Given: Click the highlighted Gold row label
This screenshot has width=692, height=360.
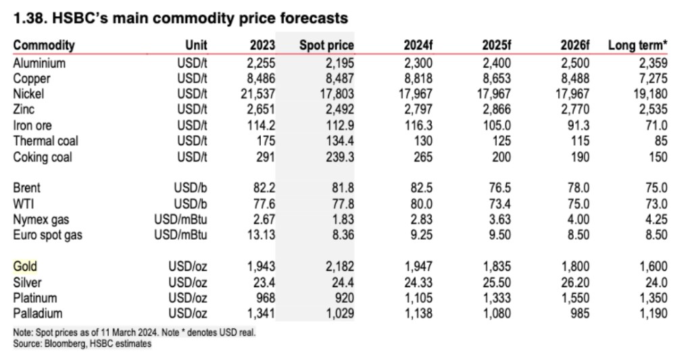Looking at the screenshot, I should (x=25, y=266).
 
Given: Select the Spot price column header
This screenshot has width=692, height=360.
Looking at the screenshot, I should (x=326, y=46).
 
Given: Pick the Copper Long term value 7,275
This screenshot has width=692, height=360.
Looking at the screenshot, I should (x=651, y=78).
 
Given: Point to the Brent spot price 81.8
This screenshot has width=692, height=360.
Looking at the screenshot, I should (x=340, y=188).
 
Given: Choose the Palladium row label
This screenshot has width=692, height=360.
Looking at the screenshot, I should (x=38, y=313).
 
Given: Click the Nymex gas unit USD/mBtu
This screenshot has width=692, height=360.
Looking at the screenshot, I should (x=180, y=220).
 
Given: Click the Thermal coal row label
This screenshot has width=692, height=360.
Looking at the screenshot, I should (x=45, y=141).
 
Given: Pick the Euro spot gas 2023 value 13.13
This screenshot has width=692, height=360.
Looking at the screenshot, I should (x=260, y=235).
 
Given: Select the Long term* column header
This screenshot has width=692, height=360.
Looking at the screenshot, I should (x=638, y=46).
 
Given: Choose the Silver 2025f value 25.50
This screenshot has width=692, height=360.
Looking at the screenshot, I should (x=495, y=282).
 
